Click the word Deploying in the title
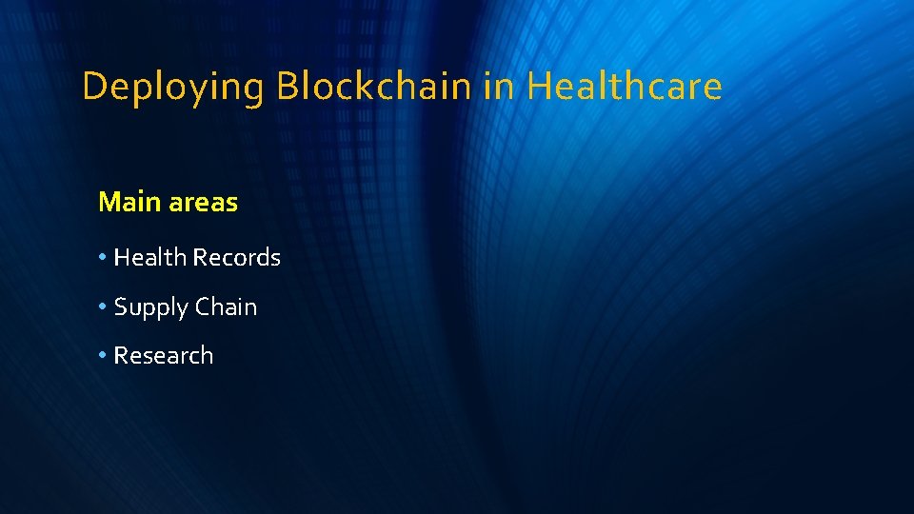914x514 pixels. point(172,88)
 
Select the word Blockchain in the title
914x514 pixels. point(373,87)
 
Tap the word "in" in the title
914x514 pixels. point(499,87)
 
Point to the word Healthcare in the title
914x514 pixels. point(625,87)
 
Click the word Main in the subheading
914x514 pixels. point(130,202)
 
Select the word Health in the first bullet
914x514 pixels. point(150,257)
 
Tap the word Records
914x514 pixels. point(236,257)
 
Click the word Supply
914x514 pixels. point(151,307)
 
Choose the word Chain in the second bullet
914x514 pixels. point(227,306)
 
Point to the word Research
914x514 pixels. point(164,355)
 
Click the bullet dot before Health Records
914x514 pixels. point(103,258)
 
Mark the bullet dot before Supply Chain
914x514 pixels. point(103,307)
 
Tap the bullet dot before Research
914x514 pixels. point(103,356)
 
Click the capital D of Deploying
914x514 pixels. point(93,87)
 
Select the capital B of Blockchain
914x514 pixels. point(286,87)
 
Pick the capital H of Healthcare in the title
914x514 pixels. point(538,87)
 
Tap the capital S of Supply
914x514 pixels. point(121,306)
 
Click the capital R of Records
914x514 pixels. point(199,257)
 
